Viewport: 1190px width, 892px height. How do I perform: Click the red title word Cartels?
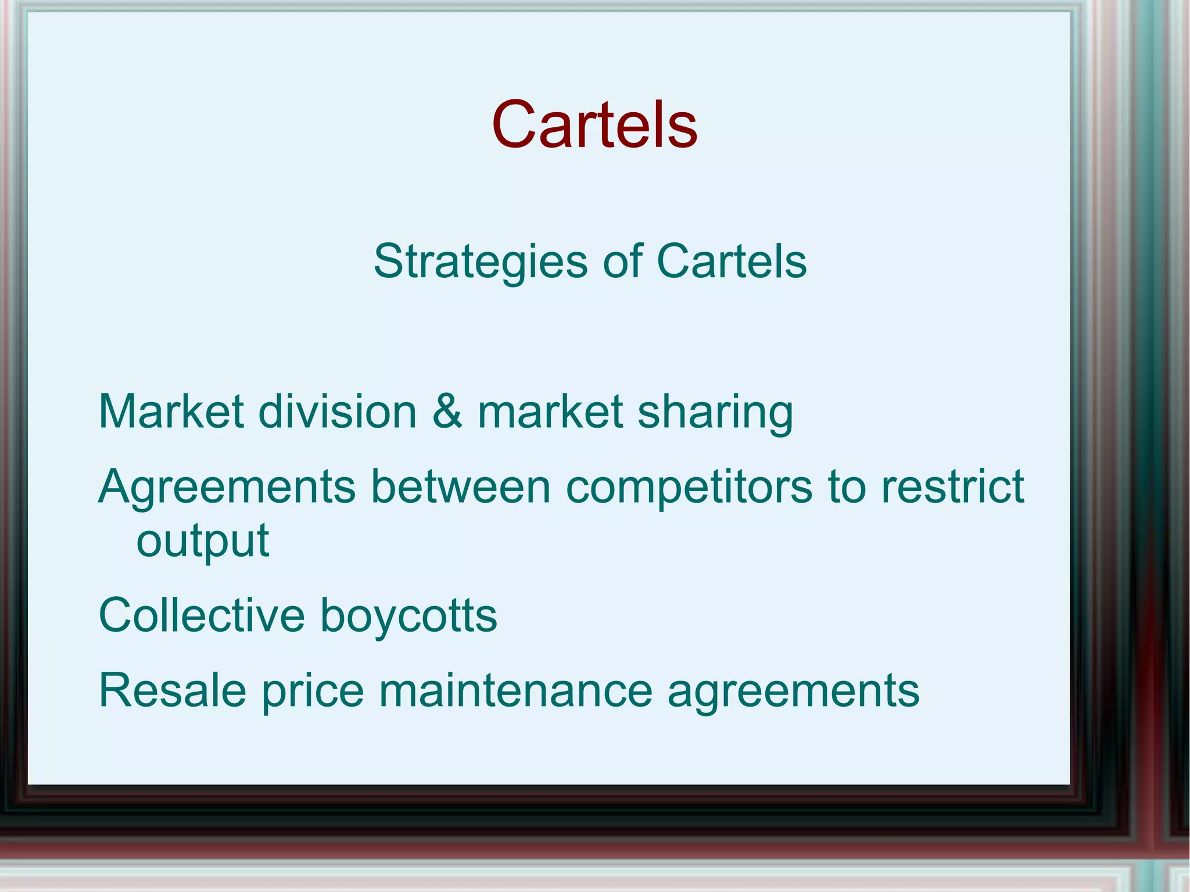pos(594,124)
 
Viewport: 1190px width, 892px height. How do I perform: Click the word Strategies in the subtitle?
pos(480,263)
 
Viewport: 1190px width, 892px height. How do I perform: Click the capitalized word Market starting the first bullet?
pos(171,411)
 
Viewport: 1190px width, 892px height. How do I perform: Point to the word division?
pos(337,411)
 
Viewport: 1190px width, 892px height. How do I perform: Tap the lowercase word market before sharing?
pos(550,411)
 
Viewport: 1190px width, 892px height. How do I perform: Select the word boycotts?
pos(408,616)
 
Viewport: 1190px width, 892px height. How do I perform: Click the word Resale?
pos(173,690)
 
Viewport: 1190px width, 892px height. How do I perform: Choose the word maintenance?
pos(515,690)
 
